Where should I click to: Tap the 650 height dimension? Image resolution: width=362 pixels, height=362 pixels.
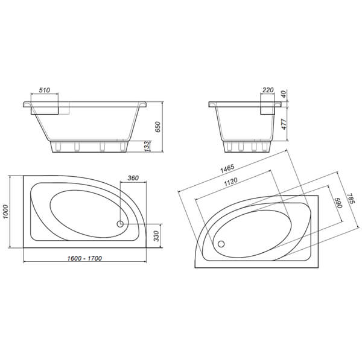(157, 126)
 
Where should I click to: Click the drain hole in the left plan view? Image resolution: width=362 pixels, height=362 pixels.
(119, 224)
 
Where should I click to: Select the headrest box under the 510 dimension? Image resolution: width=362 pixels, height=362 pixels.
(48, 108)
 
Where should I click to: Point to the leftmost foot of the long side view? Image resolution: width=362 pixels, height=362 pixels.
(58, 146)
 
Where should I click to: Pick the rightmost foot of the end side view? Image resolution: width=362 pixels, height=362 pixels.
(264, 146)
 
